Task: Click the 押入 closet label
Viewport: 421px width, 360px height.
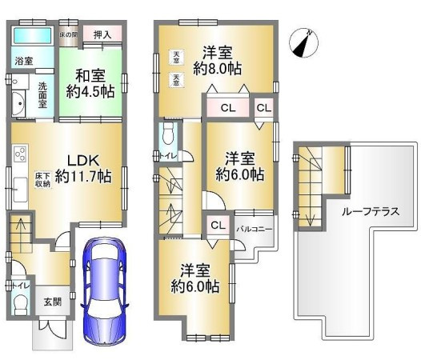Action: tap(102, 34)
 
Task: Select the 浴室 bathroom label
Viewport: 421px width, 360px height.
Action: tap(22, 60)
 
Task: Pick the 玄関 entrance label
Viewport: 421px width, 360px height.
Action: tap(52, 301)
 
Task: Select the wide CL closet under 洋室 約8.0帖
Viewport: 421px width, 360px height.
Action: tap(227, 106)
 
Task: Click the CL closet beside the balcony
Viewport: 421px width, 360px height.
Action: tap(218, 226)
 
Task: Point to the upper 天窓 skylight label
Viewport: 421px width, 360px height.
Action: tap(175, 55)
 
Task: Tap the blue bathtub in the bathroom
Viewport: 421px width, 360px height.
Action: tap(32, 37)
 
